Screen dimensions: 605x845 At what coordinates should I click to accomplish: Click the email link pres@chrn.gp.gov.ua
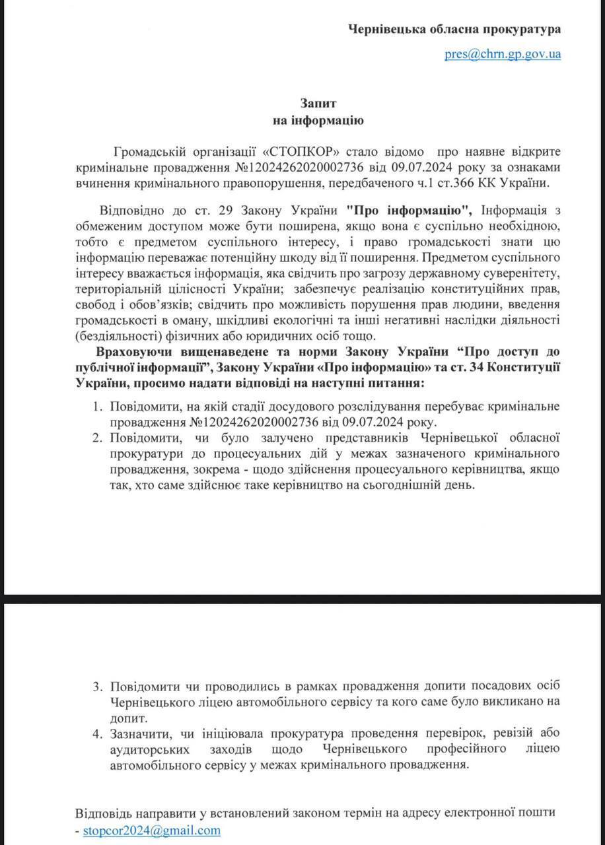503,54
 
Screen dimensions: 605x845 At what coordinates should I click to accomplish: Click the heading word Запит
319,104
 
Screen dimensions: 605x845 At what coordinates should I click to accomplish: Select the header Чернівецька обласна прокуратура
454,30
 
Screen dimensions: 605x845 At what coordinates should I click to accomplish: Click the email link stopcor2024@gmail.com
151,830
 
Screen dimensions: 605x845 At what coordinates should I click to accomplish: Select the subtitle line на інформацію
319,120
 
